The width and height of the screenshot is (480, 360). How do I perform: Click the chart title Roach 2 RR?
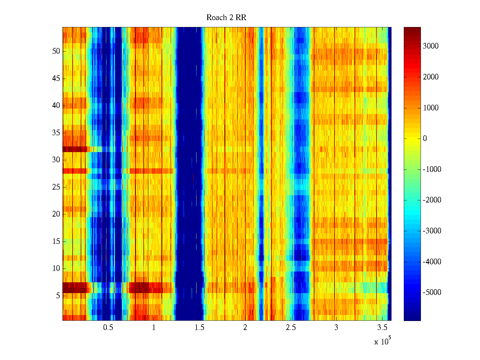(226, 18)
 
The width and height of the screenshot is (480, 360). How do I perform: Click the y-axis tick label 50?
(56, 51)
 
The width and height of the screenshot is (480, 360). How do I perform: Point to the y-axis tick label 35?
(56, 133)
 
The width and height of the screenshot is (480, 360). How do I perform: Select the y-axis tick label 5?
(58, 295)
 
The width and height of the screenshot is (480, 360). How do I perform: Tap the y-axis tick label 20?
(56, 214)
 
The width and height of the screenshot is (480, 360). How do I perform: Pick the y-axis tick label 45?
(56, 78)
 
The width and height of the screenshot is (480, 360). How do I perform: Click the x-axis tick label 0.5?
(108, 327)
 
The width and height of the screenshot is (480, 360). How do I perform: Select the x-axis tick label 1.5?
(199, 327)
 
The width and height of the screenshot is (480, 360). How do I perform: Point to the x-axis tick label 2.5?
(290, 327)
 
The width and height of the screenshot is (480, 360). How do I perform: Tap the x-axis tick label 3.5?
(382, 327)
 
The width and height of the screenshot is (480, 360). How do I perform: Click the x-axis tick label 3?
(336, 327)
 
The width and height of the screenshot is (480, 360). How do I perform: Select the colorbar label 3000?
(430, 46)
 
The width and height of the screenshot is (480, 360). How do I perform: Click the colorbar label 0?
(425, 138)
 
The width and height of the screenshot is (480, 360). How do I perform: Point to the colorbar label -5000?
(432, 292)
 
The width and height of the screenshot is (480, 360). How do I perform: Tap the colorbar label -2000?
(432, 200)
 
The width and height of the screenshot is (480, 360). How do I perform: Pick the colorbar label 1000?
(430, 108)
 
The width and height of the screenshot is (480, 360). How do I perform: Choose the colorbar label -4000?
(432, 262)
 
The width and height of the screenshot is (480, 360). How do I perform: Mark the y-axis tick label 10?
(56, 268)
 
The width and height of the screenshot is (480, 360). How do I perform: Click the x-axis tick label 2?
(245, 327)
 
